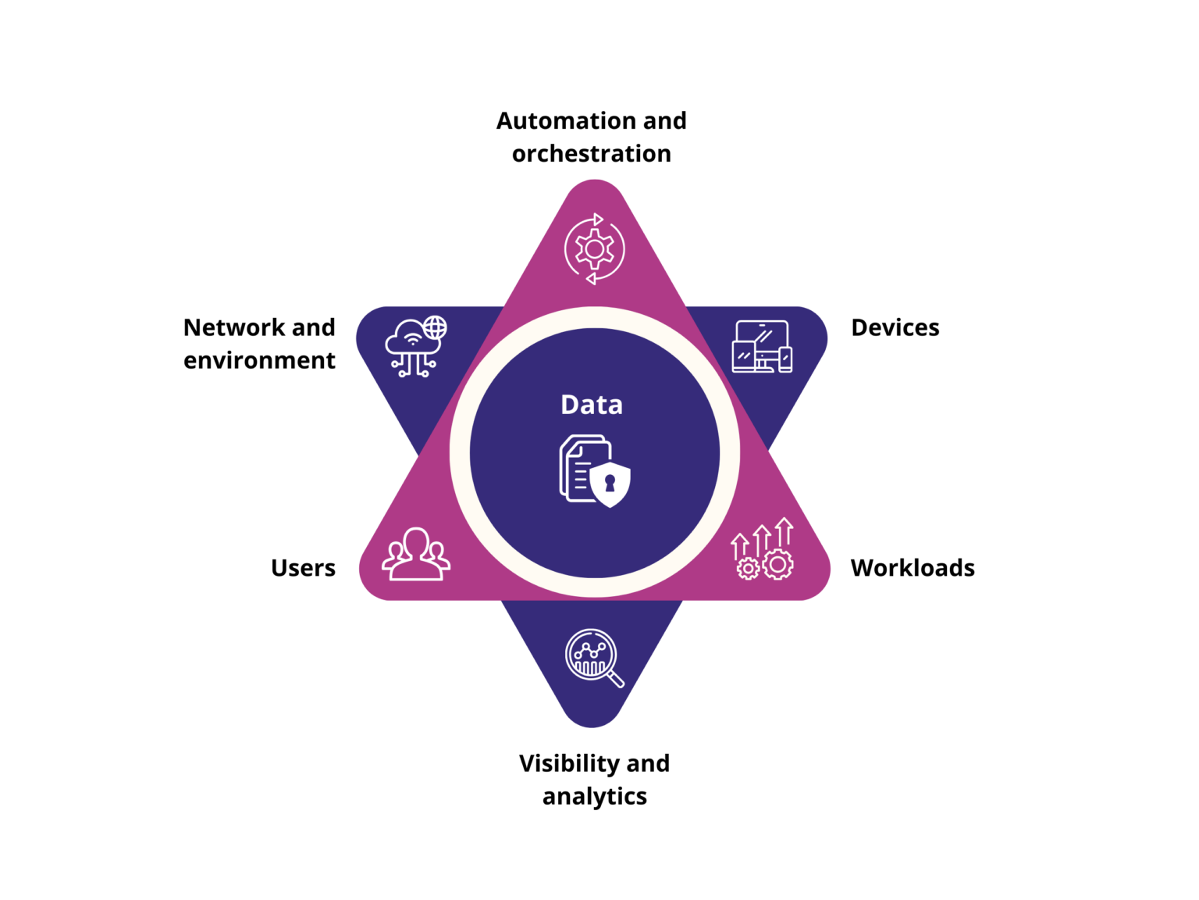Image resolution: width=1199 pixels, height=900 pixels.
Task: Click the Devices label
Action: [895, 327]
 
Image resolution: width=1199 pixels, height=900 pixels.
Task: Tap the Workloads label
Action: [912, 567]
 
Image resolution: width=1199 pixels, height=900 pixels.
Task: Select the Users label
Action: [303, 567]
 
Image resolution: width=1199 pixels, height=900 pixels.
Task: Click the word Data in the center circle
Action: [592, 405]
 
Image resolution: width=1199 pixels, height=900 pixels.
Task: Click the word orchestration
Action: [591, 154]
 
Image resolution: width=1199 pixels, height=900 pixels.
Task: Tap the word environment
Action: [259, 360]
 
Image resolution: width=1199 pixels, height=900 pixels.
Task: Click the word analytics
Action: [594, 796]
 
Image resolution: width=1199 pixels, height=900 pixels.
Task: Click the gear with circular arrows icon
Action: [594, 248]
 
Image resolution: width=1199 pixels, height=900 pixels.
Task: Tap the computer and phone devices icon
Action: [762, 346]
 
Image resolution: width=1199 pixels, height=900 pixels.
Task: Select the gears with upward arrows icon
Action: [762, 549]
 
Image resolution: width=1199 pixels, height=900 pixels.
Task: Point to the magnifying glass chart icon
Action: [593, 657]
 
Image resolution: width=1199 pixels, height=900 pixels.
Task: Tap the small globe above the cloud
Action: [435, 327]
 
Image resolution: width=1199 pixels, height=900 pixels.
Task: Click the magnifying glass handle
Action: [615, 680]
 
